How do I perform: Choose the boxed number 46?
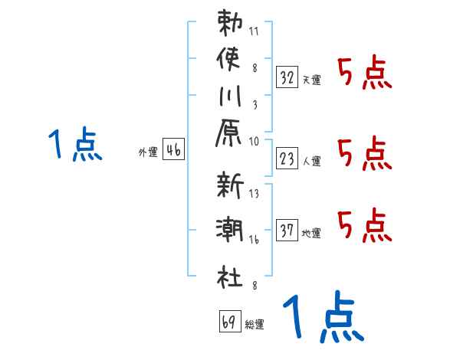click(173, 150)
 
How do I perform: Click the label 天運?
click(312, 80)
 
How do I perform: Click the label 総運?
click(255, 325)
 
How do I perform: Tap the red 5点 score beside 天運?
click(364, 74)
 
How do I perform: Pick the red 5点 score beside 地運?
click(364, 224)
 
